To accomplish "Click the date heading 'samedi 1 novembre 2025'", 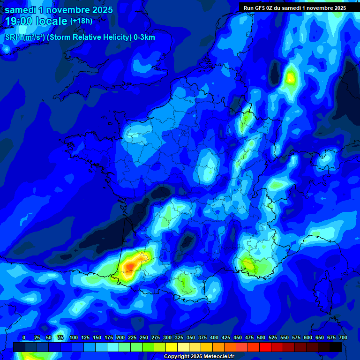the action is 59,10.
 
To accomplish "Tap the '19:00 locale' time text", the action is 36,21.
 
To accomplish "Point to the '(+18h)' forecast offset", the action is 81,21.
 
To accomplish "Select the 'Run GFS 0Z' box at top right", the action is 295,8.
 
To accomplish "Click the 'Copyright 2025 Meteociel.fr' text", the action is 199,356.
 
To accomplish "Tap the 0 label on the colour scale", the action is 24,337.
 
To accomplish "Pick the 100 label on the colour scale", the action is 74,337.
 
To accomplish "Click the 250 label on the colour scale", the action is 144,337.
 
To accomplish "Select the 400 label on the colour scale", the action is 214,337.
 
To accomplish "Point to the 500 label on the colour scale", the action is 261,337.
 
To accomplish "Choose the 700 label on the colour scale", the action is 343,337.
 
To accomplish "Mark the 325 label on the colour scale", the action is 179,337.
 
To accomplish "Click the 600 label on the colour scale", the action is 308,337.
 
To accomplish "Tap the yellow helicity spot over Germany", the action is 291,77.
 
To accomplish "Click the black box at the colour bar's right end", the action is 336,347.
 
